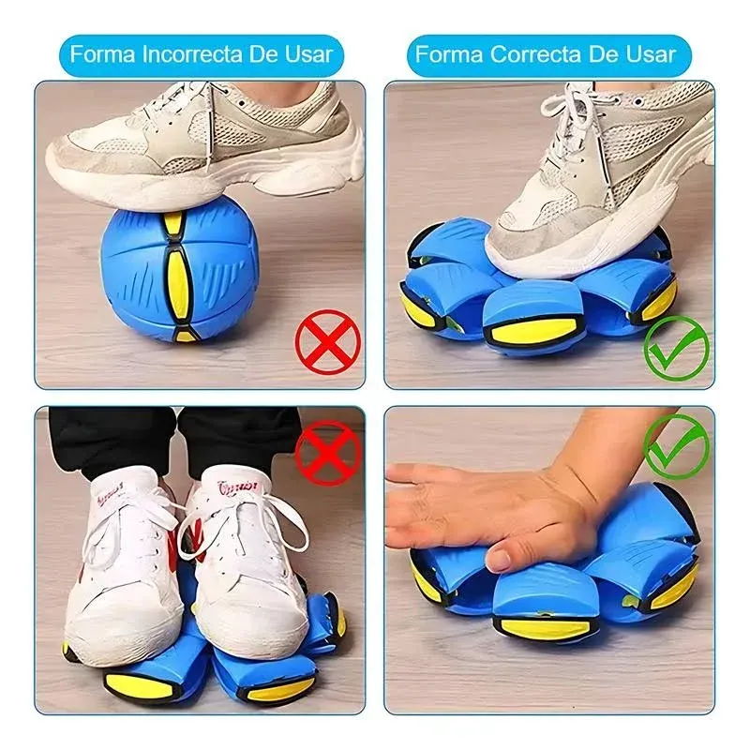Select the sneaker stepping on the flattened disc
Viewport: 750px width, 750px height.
pos(600,178)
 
